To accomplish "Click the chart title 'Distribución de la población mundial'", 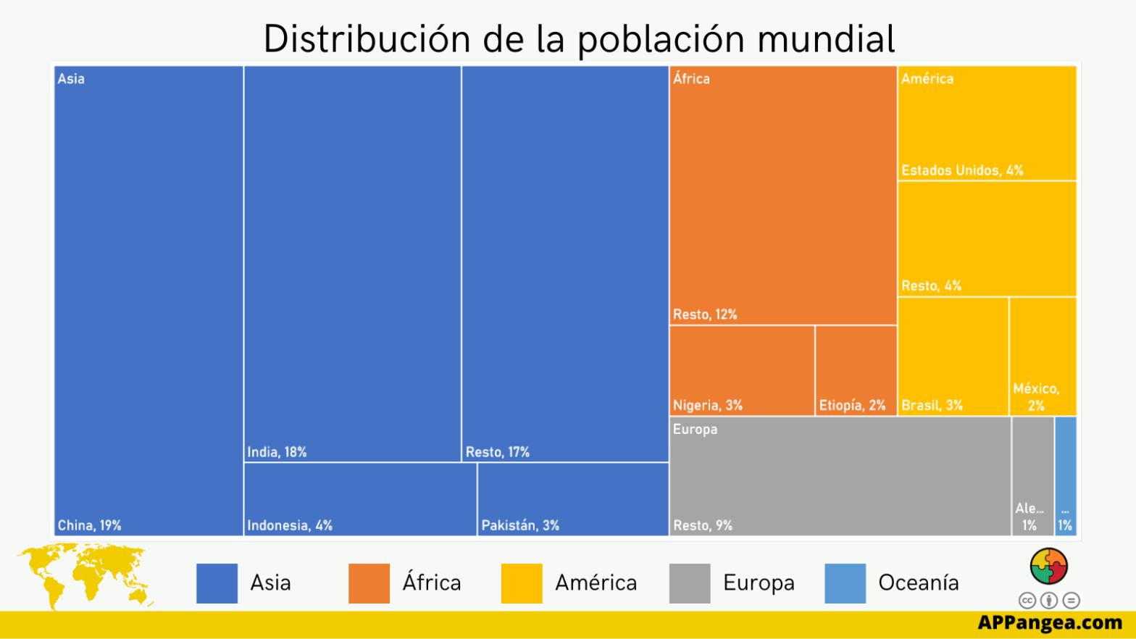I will [579, 39].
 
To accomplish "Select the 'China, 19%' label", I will [89, 525].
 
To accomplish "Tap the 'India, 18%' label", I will [277, 452].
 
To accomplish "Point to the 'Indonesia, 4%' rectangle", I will [360, 499].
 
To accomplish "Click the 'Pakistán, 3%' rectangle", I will [572, 499].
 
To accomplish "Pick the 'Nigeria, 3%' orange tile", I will [741, 370].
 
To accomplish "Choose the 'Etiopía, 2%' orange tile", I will [856, 370].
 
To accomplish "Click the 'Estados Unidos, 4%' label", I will [961, 170].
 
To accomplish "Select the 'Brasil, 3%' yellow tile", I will [953, 356].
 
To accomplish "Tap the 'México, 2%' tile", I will [1043, 356].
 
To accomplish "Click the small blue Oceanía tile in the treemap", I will [1065, 476].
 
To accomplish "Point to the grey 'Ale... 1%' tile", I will [1032, 476].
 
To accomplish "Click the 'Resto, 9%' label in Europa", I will [702, 525].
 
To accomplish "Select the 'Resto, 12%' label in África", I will [704, 314].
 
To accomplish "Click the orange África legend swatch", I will [369, 583].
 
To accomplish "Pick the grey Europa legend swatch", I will [689, 583].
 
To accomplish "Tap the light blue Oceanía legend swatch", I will [845, 583].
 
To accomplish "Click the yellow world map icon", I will [84, 575].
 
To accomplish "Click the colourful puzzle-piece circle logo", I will [1048, 566].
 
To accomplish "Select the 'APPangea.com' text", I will [1049, 622].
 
